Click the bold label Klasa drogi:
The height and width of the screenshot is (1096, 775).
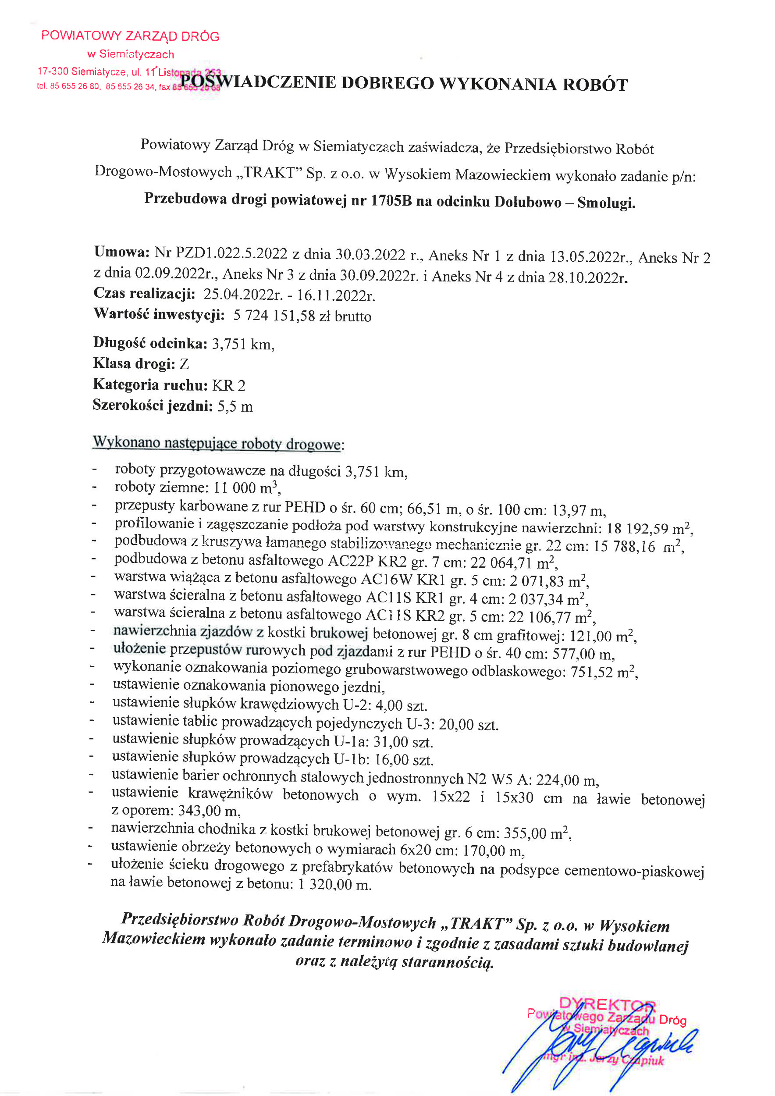134,364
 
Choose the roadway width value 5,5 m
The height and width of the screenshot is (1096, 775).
235,406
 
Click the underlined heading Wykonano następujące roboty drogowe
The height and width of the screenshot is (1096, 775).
217,443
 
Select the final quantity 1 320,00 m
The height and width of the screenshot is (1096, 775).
334,885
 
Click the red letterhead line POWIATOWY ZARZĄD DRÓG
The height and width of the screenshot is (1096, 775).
130,36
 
